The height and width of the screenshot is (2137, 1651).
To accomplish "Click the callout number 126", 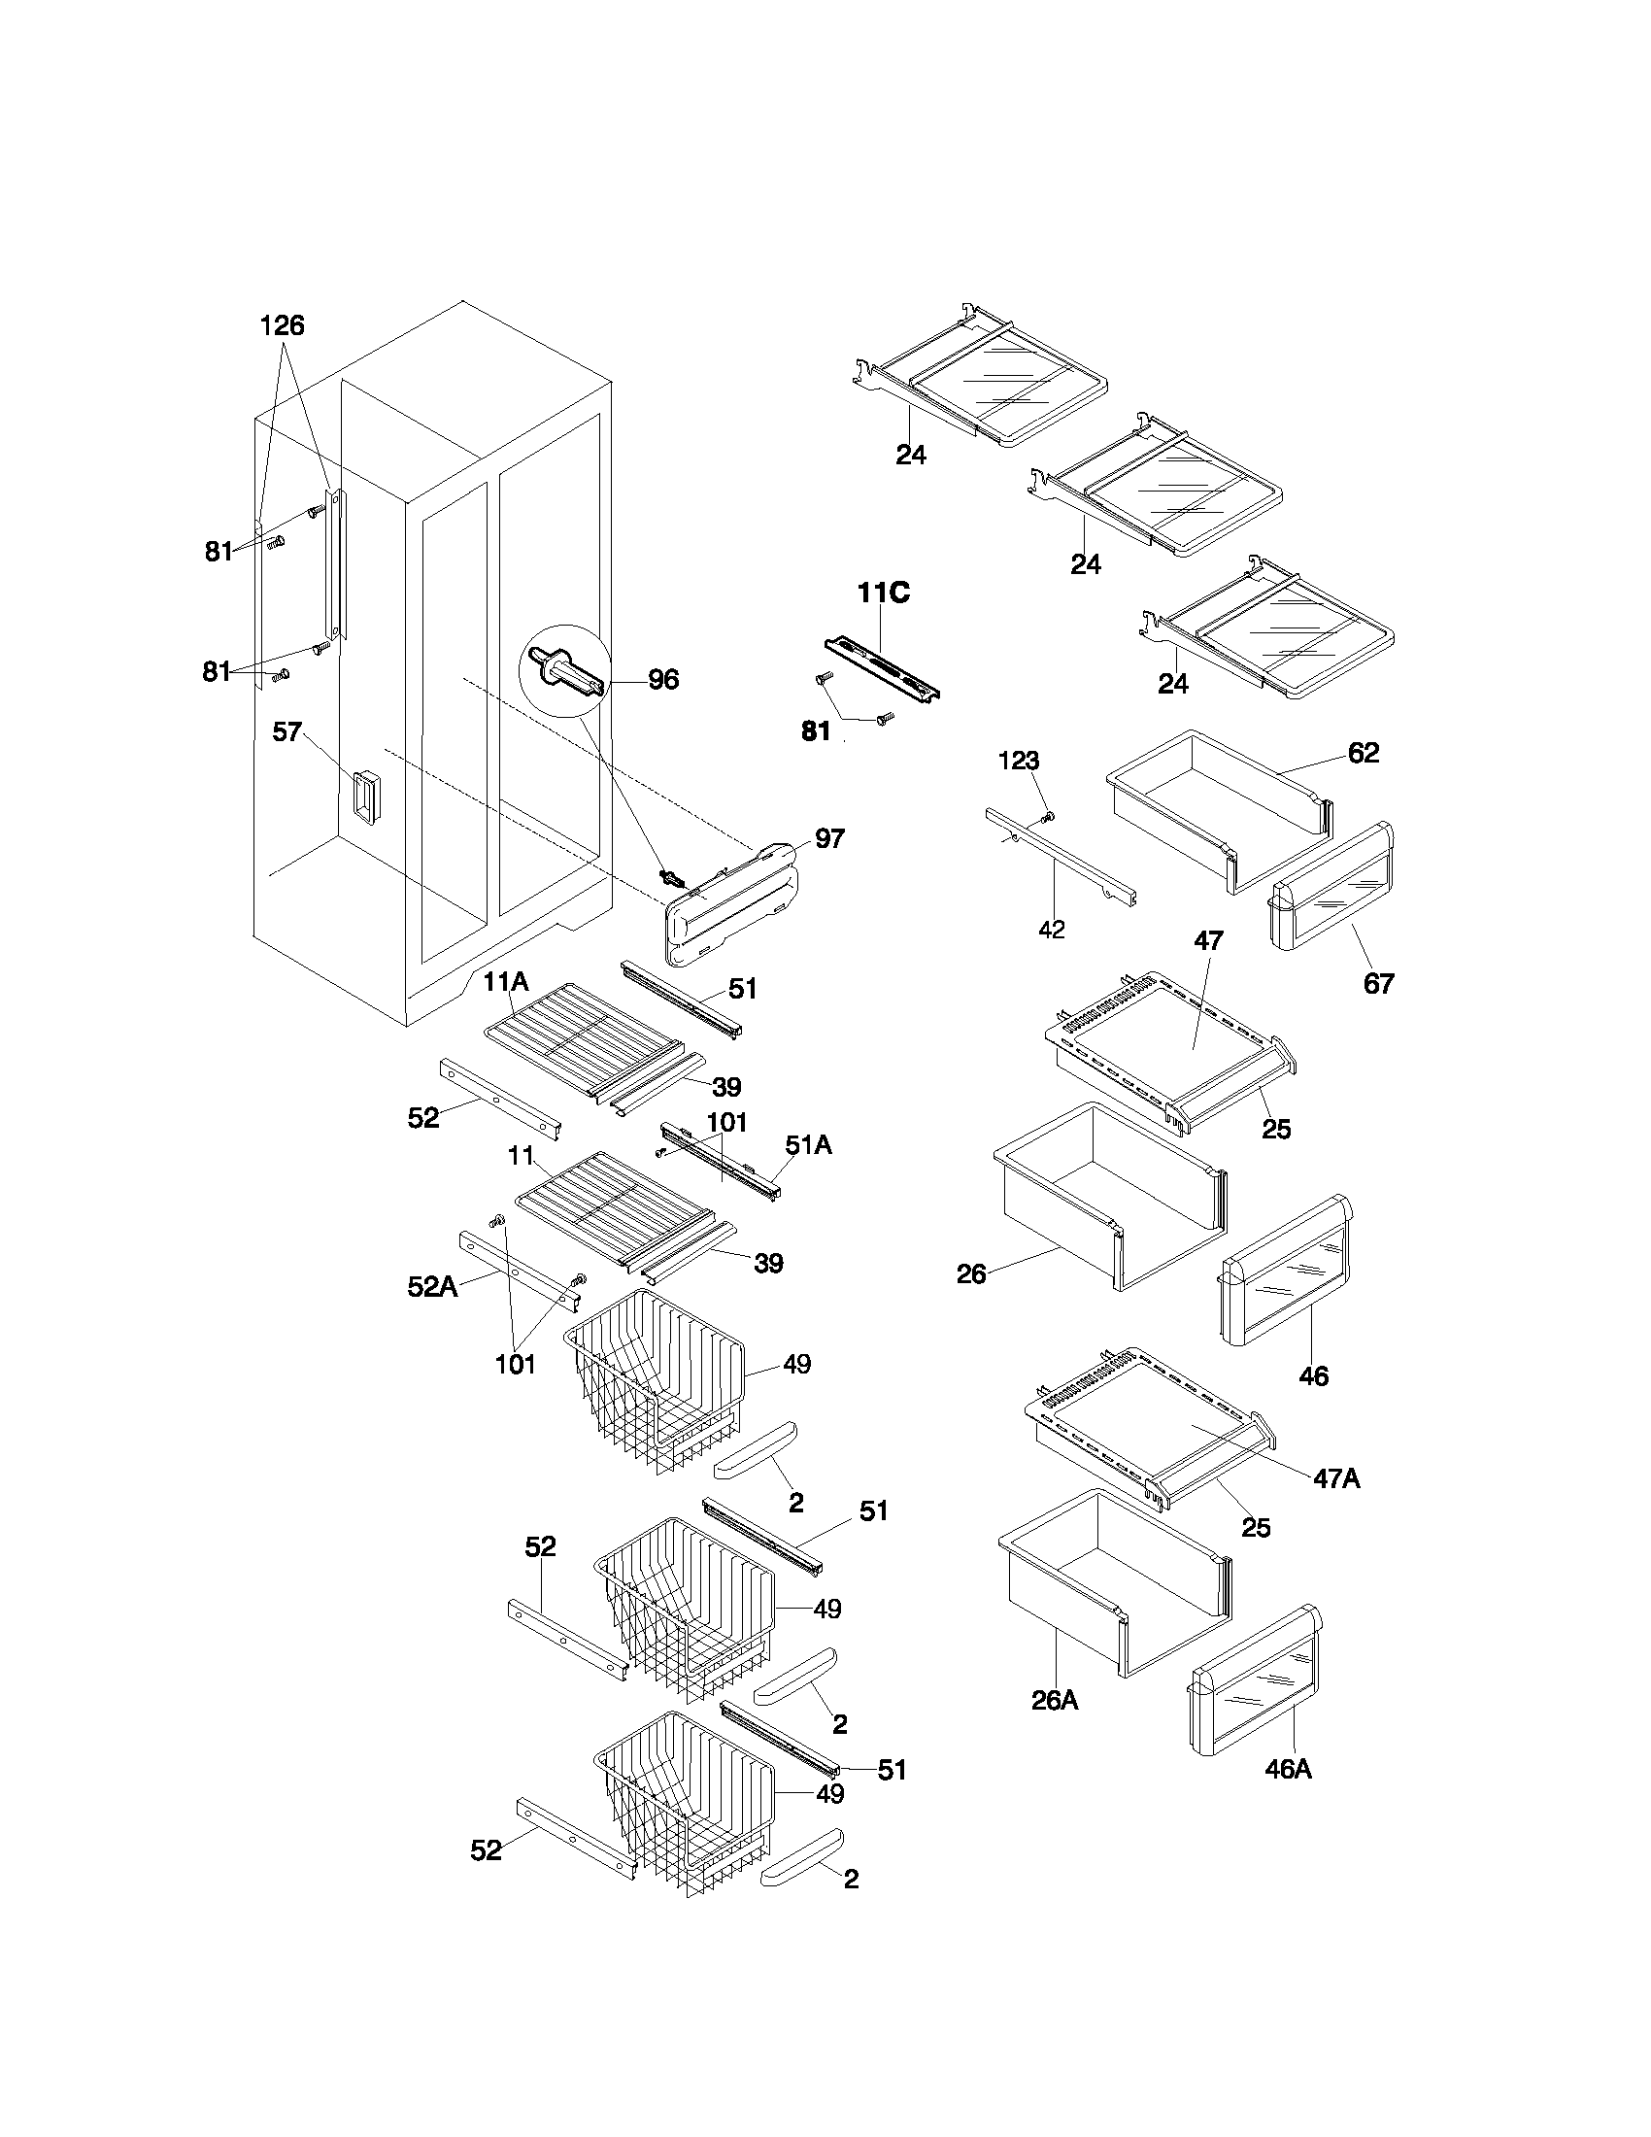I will click(x=282, y=325).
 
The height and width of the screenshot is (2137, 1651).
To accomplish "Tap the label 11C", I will click(x=883, y=593).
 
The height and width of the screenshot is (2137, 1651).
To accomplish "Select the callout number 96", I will click(x=663, y=680).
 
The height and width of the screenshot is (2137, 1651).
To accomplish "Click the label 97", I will click(x=829, y=838).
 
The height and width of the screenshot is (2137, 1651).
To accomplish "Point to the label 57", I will click(x=286, y=731).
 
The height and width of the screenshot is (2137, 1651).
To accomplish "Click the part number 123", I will click(x=1018, y=761).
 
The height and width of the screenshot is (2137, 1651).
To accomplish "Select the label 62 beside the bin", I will click(x=1363, y=753).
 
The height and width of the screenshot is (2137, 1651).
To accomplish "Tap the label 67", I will click(x=1378, y=983).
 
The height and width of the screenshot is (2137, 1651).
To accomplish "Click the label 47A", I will click(x=1336, y=1479).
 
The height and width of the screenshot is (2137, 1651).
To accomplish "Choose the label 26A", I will click(x=1055, y=1701).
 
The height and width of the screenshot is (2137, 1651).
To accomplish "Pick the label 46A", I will click(x=1287, y=1769).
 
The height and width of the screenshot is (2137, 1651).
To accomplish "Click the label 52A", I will click(x=432, y=1288).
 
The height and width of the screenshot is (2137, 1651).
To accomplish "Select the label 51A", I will click(x=808, y=1145).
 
